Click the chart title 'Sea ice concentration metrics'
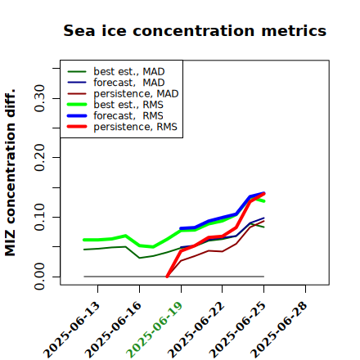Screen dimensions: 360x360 click(195, 30)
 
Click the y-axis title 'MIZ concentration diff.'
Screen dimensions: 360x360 click(10, 173)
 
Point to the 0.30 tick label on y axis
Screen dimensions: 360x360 click(39, 98)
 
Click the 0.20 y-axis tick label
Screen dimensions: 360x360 click(39, 158)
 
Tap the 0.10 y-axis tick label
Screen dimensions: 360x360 click(39, 217)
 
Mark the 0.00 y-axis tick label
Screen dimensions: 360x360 click(39, 277)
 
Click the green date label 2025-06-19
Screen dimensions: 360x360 click(155, 330)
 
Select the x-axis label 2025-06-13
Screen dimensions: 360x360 click(71, 330)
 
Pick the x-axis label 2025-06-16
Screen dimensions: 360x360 click(113, 330)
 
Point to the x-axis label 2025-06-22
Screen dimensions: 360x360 click(196, 330)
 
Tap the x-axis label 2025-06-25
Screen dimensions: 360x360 click(237, 330)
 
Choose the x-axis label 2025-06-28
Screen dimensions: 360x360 click(279, 330)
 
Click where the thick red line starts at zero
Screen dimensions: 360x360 click(167, 277)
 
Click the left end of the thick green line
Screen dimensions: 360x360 click(84, 240)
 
